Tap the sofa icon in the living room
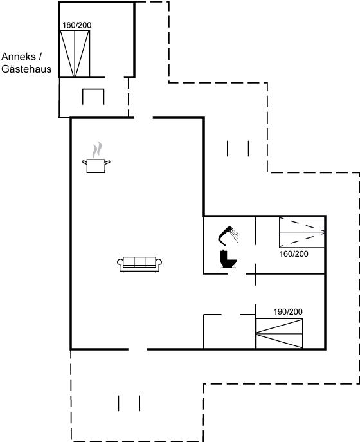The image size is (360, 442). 139,264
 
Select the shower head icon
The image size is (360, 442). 228,235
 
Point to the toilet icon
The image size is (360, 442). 228,259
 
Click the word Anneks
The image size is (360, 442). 19,57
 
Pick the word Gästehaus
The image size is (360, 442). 26,69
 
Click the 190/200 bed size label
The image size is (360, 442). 288,312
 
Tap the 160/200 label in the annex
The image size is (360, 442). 77,25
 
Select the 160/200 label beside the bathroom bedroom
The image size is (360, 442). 294,254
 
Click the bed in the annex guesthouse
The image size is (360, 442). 75,53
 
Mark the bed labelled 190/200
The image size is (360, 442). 279,334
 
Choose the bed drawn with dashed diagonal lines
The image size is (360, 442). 302,232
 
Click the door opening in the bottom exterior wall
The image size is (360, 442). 138,349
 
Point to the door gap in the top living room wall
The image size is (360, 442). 143,118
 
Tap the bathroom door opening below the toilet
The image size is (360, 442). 237,273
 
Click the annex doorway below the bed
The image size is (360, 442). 114,77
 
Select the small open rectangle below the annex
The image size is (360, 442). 93,97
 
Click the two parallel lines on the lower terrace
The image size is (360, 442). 129,403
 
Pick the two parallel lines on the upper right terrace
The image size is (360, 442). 238,149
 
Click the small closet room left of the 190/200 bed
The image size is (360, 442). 230,331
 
